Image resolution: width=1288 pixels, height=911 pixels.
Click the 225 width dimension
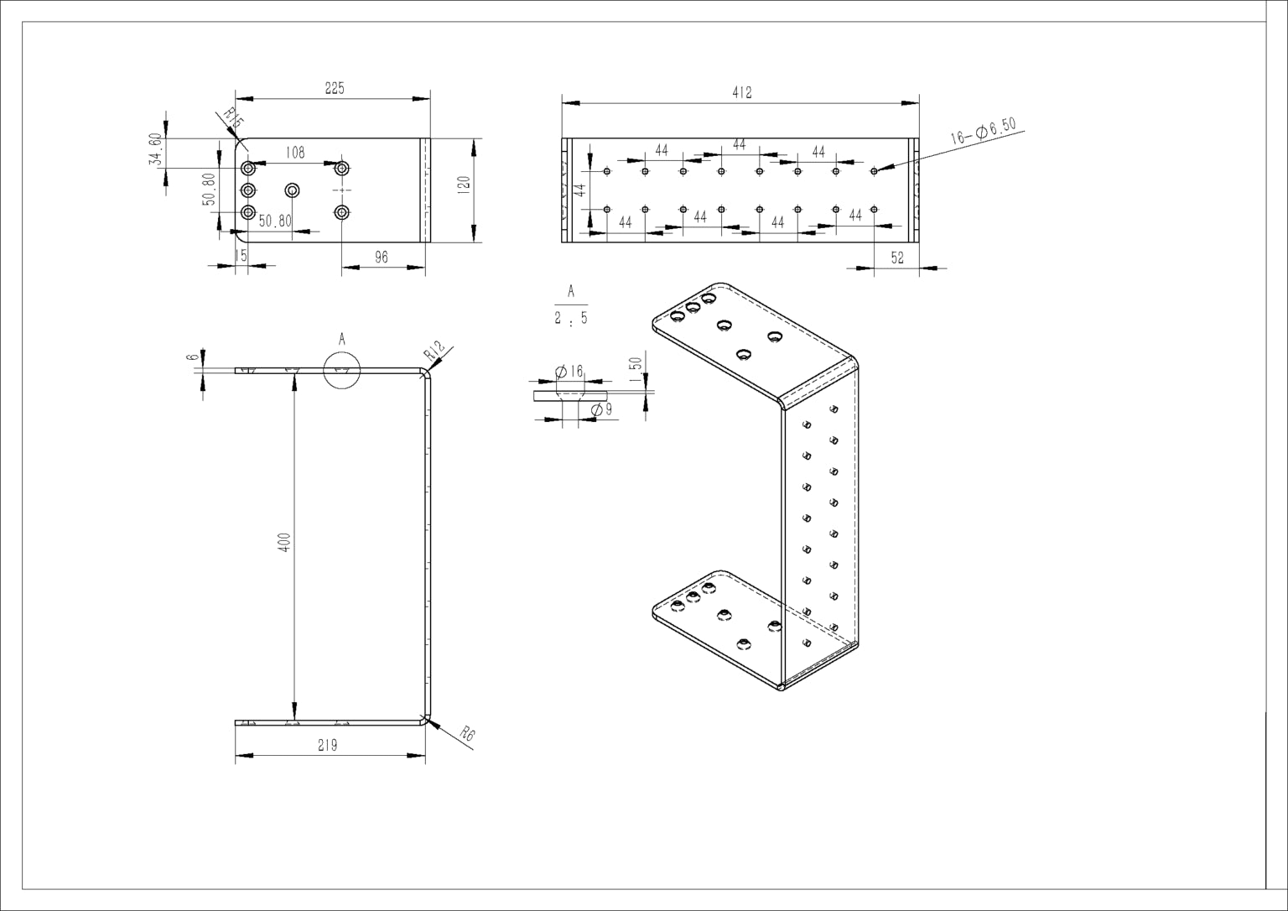point(335,88)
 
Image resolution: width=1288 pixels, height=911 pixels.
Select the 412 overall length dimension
point(742,92)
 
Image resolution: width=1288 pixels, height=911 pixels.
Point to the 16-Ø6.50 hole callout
point(984,131)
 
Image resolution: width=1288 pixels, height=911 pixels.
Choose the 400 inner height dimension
point(284,543)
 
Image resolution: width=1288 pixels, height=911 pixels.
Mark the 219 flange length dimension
point(327,746)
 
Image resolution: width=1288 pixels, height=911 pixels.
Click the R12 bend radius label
point(434,351)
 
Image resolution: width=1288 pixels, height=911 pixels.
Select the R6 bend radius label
point(468,735)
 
